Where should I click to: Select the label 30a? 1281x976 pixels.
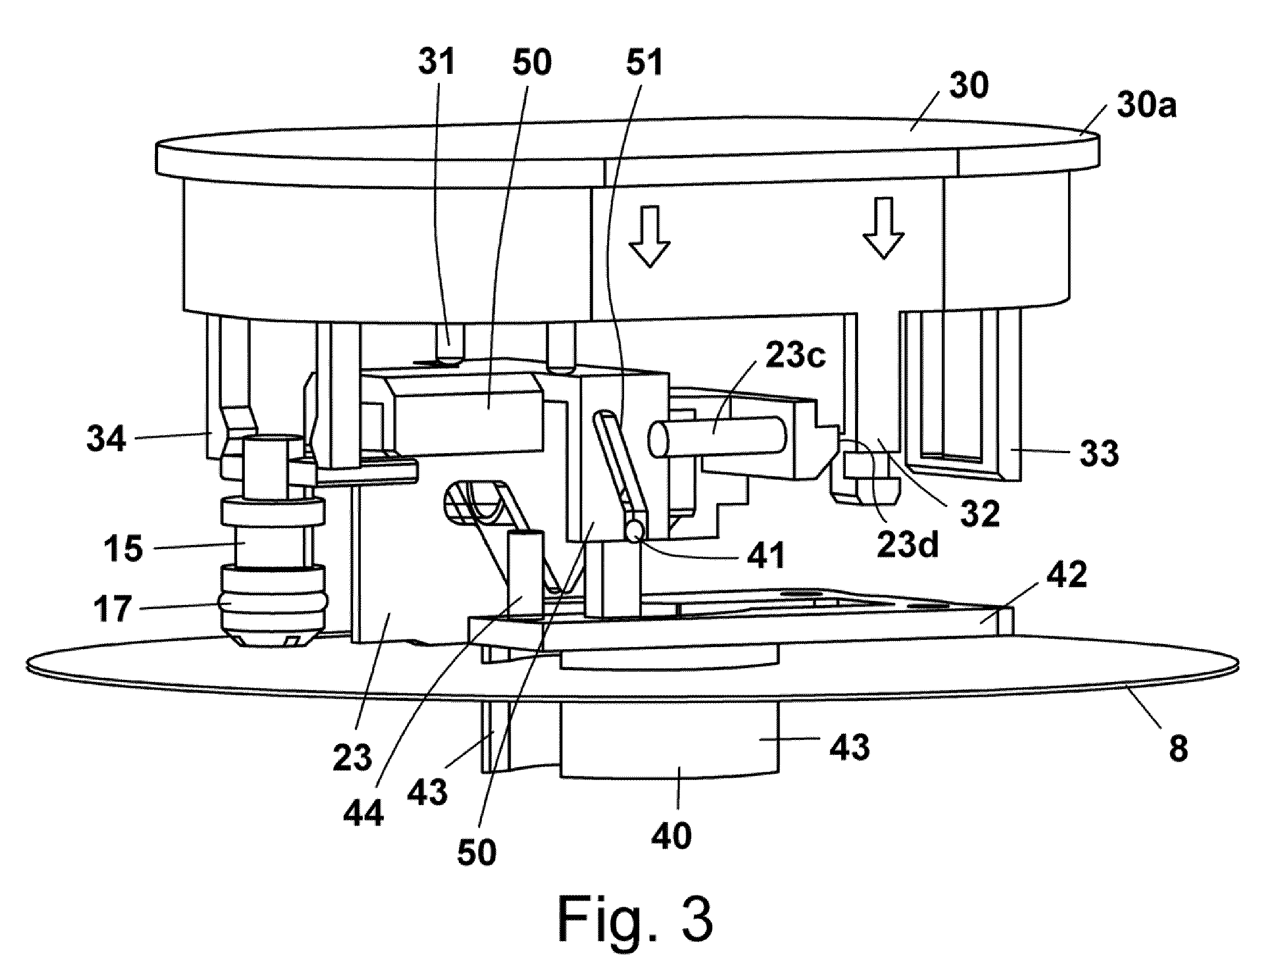pos(1146,106)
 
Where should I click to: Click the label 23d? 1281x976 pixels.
pos(907,544)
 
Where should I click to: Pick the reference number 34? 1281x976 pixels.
pos(106,438)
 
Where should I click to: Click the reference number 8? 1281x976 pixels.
pos(1178,748)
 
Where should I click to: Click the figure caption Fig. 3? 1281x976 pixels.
pos(635,920)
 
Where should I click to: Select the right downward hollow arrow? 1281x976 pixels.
pos(884,227)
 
